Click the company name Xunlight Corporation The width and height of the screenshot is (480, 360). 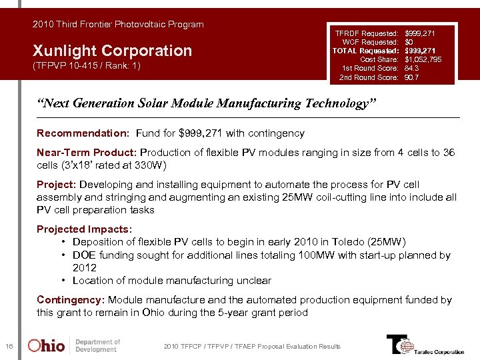pos(112,51)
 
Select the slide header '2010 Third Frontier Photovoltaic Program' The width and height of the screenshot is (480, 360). pos(118,25)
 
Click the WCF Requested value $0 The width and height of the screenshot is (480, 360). pos(409,41)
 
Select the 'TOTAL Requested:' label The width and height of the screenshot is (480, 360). pos(365,50)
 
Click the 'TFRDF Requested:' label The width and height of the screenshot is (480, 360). pos(367,32)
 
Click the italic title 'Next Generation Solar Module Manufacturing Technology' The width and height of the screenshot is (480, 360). pos(207,103)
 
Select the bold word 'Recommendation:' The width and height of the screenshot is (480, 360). pos(73,133)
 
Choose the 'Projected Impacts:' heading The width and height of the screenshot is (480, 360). pos(84,229)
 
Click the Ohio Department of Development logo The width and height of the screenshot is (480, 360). pos(74,345)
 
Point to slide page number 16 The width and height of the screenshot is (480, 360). pos(9,345)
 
